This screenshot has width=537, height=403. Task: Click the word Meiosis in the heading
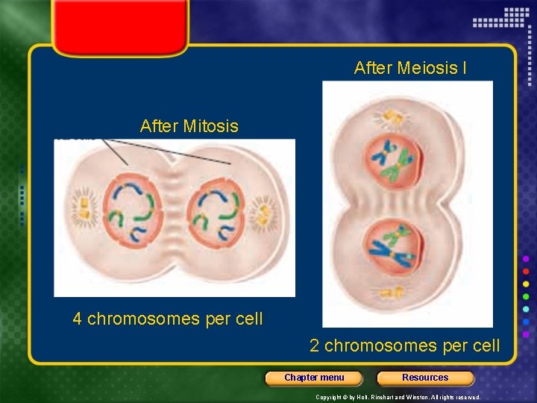tap(428, 69)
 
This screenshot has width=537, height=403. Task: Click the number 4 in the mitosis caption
tap(77, 319)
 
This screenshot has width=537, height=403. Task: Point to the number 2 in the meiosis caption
tap(315, 346)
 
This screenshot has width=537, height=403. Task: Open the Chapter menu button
tap(314, 378)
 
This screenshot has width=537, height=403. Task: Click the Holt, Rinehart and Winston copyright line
tap(398, 397)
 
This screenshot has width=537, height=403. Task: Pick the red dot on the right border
tap(526, 271)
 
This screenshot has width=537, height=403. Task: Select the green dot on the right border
tap(526, 296)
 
